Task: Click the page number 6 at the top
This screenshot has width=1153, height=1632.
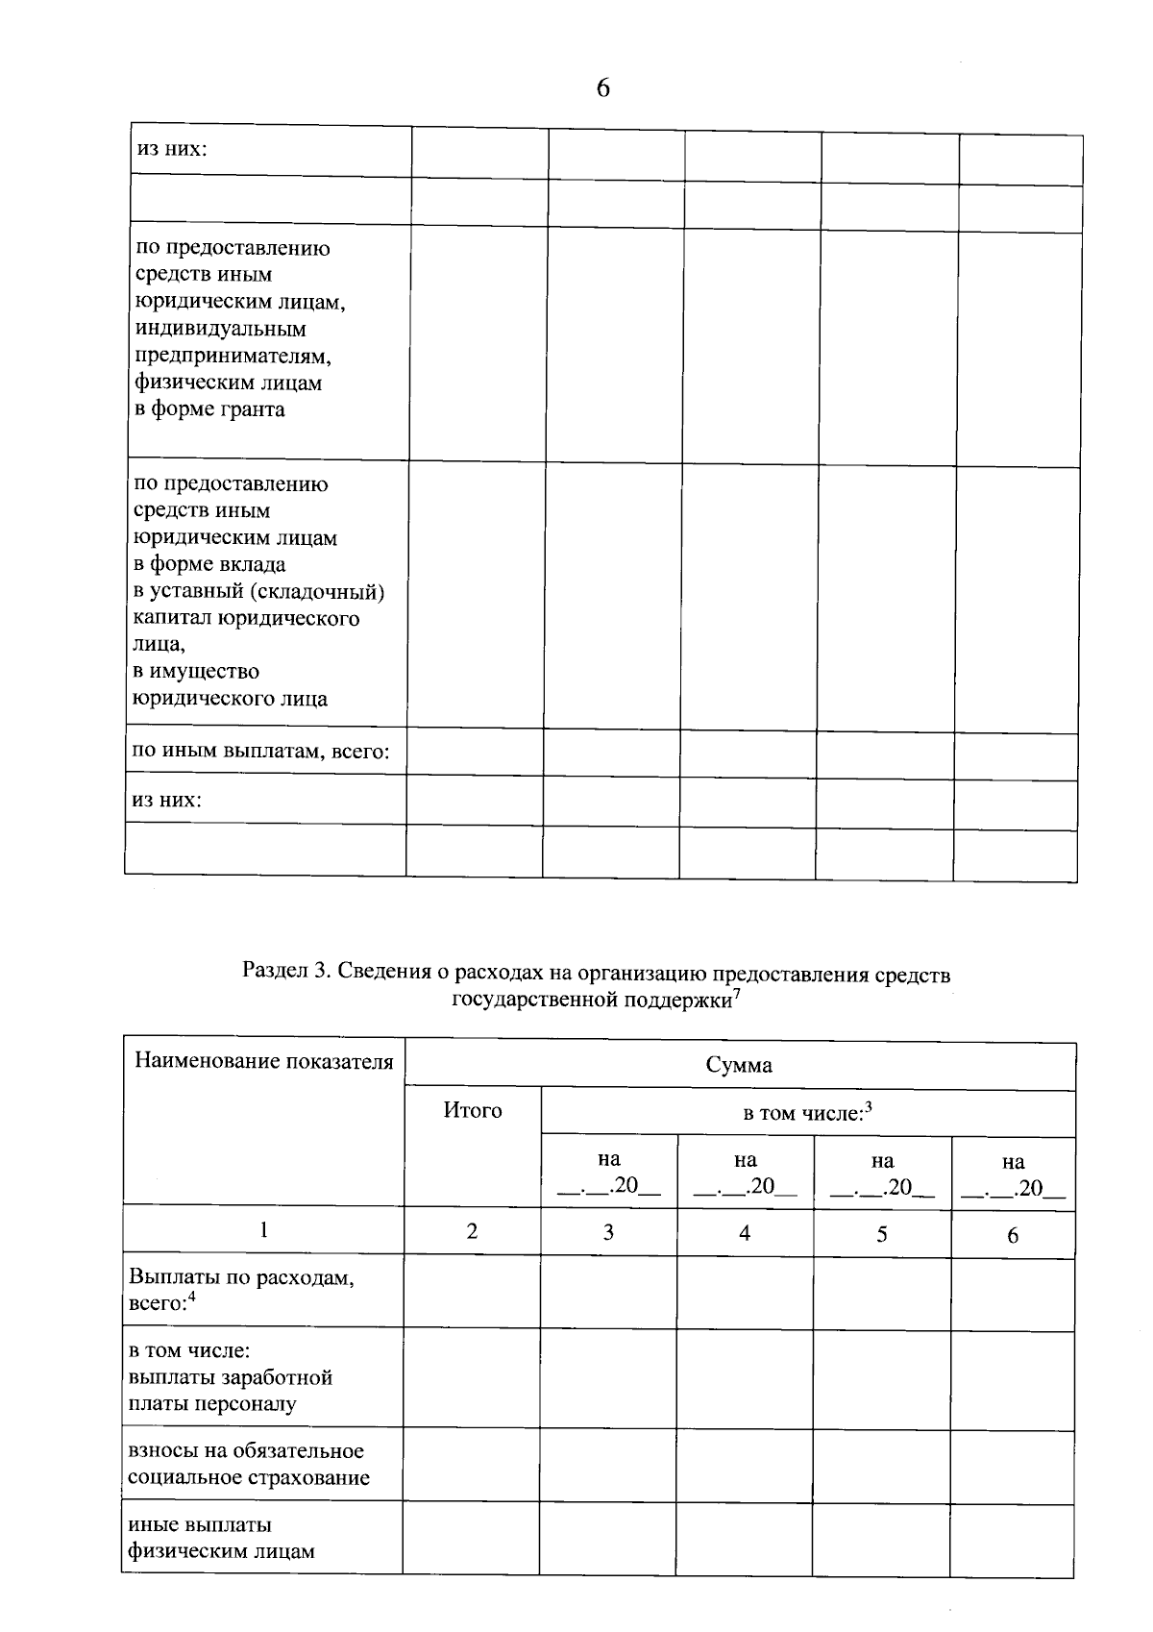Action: point(602,88)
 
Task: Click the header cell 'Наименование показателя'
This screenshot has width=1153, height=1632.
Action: point(263,1061)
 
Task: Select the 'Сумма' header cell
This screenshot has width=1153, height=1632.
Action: point(739,1065)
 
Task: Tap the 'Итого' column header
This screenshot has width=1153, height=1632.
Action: point(472,1110)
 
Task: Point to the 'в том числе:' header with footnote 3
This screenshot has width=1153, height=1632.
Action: point(806,1113)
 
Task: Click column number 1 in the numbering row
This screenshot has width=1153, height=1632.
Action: point(263,1229)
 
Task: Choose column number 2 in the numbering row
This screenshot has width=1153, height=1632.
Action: point(472,1230)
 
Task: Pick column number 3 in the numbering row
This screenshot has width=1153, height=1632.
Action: point(608,1231)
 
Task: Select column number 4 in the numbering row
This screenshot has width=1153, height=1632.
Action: point(745,1232)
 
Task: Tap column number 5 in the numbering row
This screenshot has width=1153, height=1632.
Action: point(881,1234)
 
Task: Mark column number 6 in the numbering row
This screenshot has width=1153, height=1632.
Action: point(1013,1236)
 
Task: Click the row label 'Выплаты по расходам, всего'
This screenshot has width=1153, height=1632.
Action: point(241,1290)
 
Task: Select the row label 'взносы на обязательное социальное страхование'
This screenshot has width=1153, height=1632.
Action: point(247,1464)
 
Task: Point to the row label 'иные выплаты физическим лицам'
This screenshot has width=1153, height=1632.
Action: point(221,1537)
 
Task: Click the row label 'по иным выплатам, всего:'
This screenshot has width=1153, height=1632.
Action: point(260,751)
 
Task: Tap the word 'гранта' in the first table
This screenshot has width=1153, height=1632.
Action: point(253,409)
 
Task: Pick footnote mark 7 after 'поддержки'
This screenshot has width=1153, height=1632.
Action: point(736,993)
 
